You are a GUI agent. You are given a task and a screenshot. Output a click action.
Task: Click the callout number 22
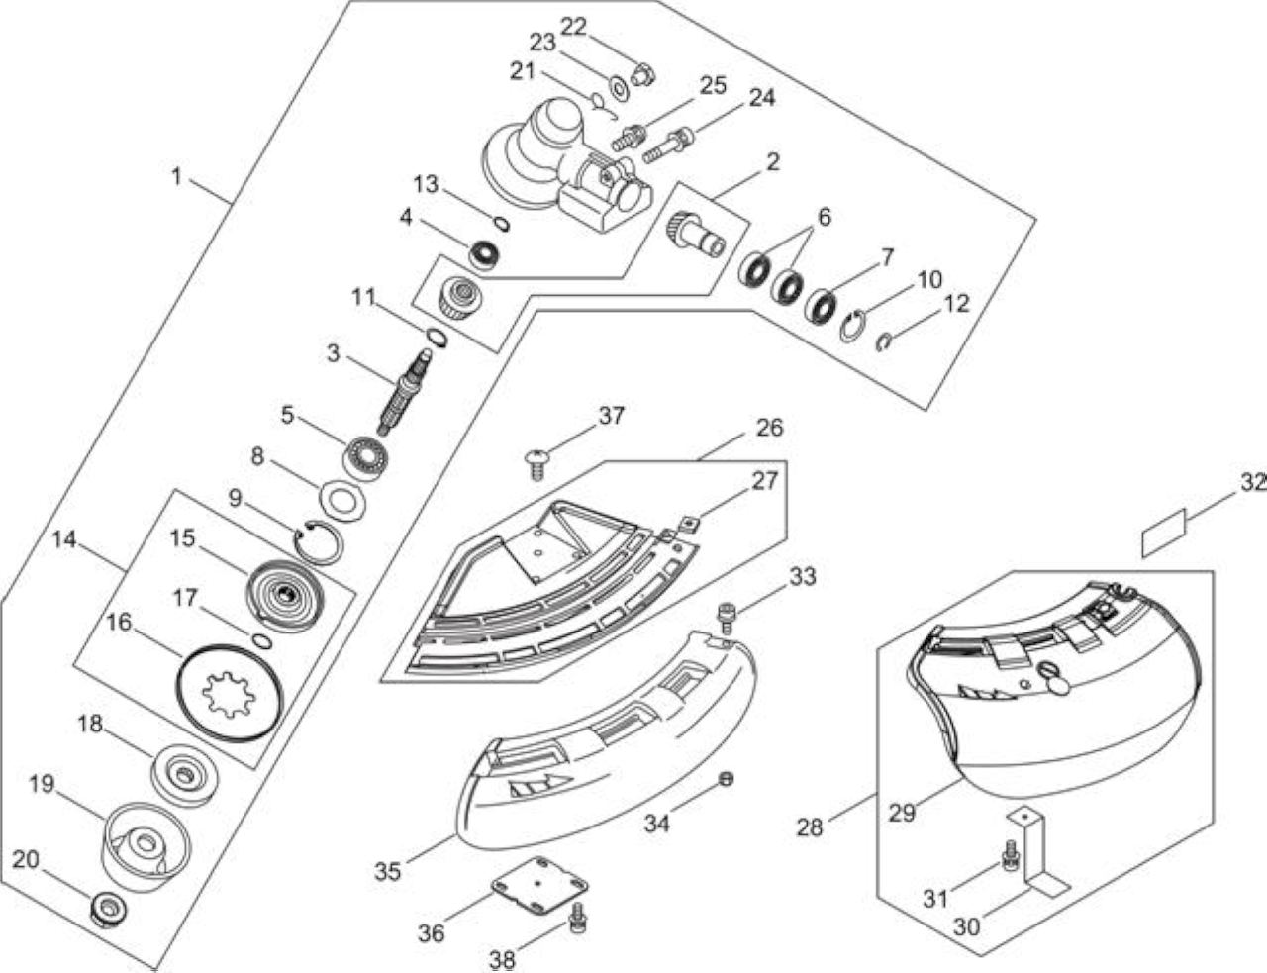[x=573, y=27]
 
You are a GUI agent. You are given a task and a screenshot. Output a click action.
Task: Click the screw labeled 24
[x=667, y=145]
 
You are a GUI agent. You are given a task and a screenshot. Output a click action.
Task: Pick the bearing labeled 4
[x=485, y=255]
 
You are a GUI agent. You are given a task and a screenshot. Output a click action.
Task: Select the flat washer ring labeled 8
[x=342, y=500]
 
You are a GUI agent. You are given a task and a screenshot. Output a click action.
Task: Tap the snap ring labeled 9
[x=319, y=540]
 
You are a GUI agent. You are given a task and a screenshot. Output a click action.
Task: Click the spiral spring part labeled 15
[x=283, y=595]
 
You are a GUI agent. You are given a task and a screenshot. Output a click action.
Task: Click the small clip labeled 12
[x=885, y=342]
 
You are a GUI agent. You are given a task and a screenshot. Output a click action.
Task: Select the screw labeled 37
[x=537, y=464]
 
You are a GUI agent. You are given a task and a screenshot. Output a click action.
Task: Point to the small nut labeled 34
[x=726, y=779]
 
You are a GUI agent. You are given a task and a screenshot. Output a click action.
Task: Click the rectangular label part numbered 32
[x=1163, y=533]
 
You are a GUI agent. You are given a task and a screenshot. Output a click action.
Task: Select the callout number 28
[x=810, y=827]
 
